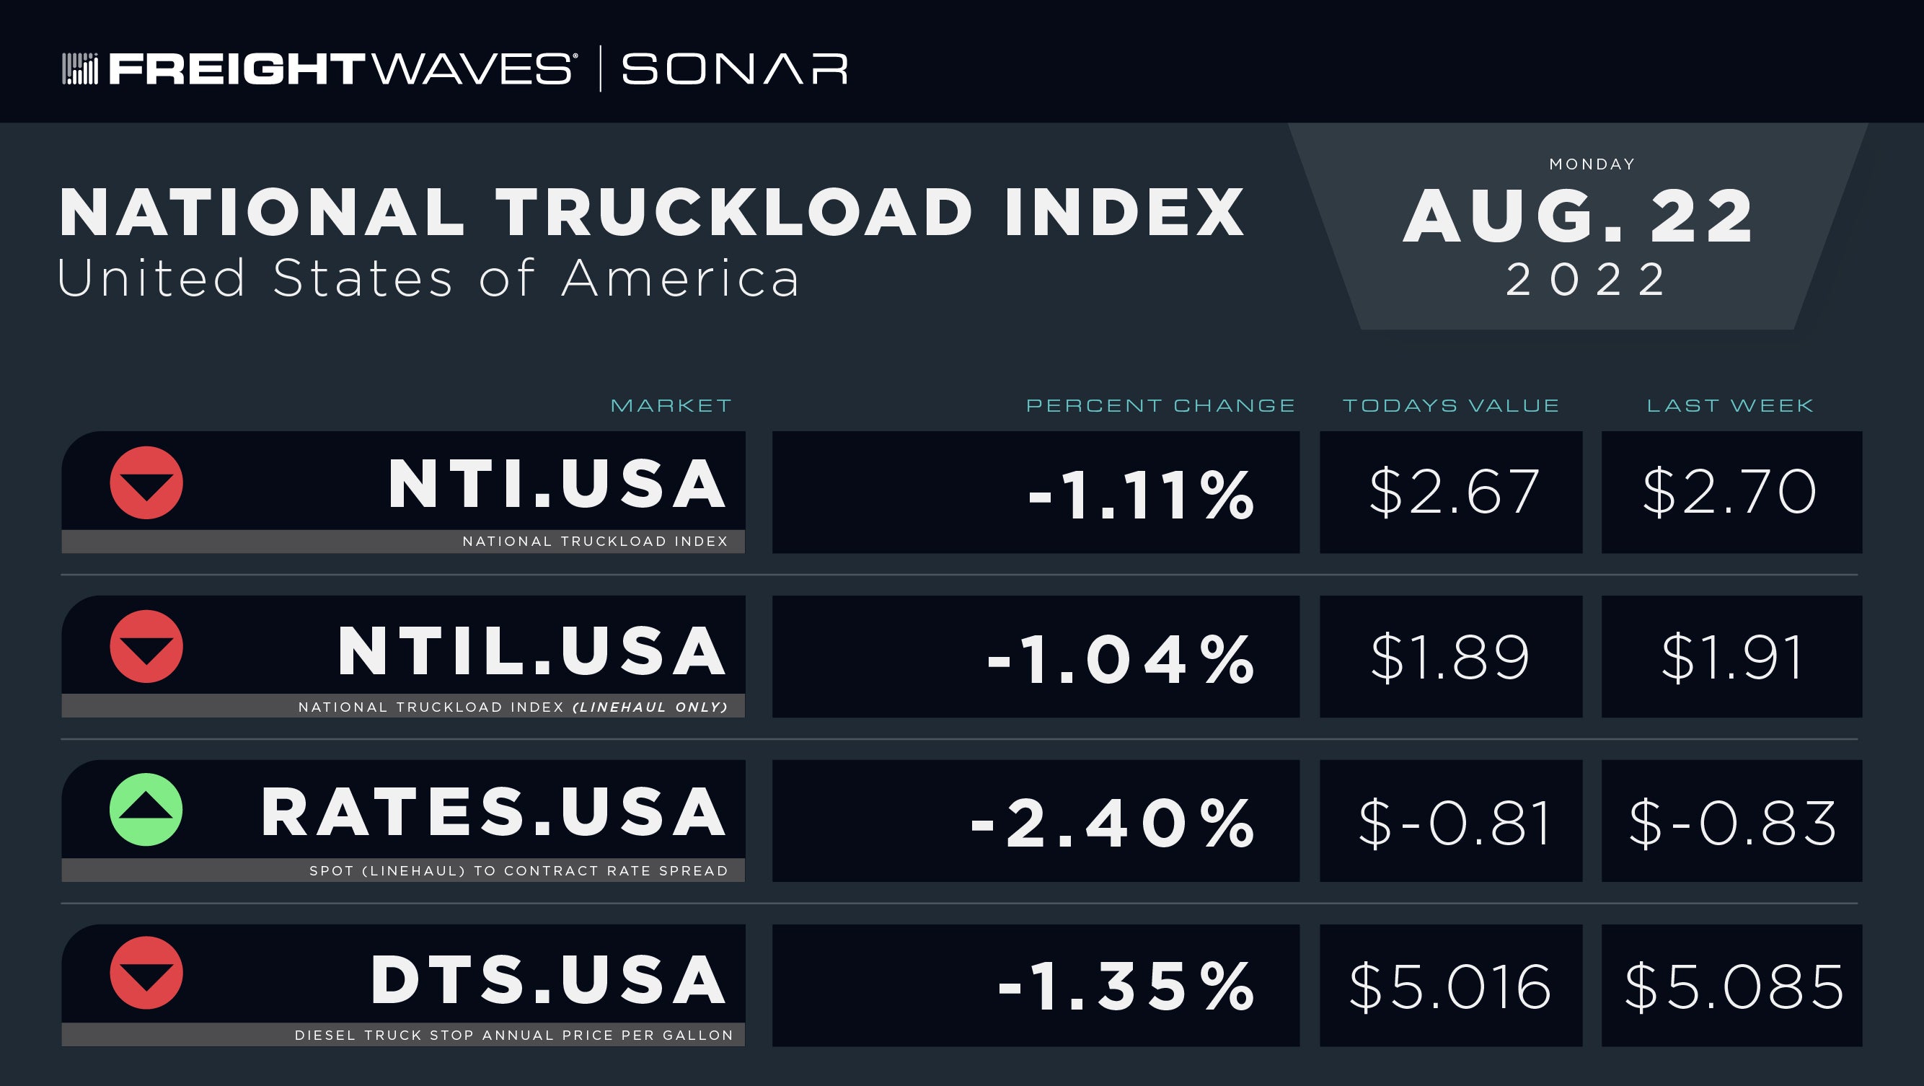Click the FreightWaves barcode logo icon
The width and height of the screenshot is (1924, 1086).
80,69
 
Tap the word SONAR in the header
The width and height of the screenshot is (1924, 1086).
734,69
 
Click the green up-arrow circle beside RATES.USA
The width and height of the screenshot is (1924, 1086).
146,810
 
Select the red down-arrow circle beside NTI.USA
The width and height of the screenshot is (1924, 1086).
146,482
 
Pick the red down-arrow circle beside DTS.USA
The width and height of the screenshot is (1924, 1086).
146,973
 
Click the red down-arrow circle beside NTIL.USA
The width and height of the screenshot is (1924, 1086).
146,646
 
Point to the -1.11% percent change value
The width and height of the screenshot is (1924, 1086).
1141,495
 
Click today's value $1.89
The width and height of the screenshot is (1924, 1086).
1450,657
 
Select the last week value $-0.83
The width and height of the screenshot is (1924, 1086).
1732,822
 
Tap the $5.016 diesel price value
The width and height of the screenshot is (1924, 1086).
1450,986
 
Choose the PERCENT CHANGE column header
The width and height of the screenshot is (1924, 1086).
1161,405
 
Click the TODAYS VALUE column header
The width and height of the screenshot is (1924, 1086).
1451,405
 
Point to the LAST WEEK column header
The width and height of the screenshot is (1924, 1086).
1731,405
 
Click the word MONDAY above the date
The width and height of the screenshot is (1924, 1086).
1592,164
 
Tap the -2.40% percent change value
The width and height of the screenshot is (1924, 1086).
1112,823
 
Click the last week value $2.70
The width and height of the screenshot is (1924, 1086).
1730,493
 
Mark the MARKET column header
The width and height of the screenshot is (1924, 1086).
671,405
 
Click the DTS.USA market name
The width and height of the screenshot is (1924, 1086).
548,979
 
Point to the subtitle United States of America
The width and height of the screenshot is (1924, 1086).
428,278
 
